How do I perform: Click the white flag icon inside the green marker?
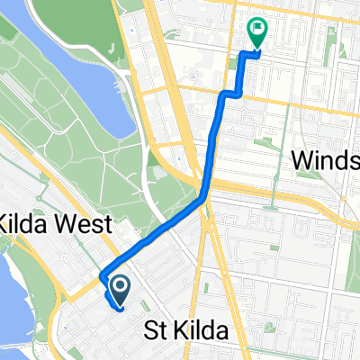point(258,30)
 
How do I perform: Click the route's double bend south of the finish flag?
point(233,92)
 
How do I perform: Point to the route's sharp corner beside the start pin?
point(102,275)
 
